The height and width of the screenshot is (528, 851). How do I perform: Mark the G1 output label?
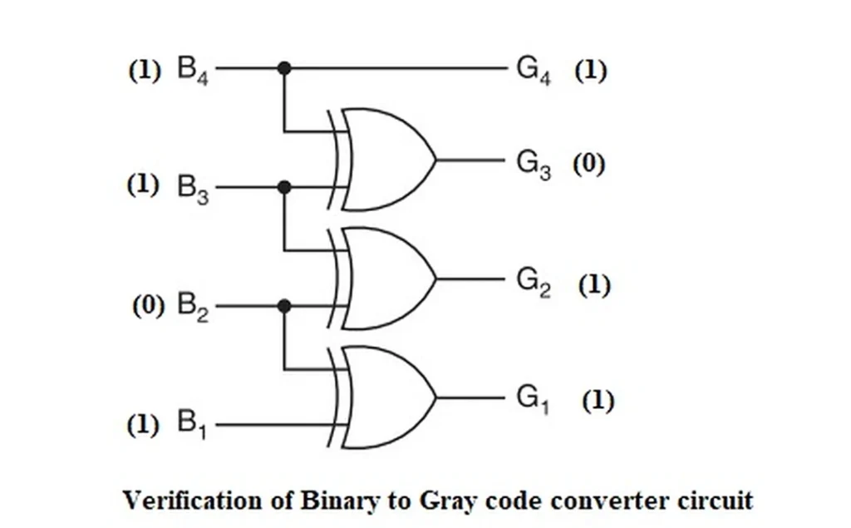pyautogui.click(x=534, y=400)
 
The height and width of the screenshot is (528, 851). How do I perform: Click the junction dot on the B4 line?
pyautogui.click(x=284, y=68)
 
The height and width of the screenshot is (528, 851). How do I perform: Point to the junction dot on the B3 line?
pyautogui.click(x=284, y=187)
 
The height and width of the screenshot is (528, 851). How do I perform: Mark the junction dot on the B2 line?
pyautogui.click(x=284, y=307)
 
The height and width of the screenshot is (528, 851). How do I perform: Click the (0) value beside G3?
pyautogui.click(x=588, y=164)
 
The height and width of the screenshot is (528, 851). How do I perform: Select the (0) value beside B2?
pyautogui.click(x=150, y=306)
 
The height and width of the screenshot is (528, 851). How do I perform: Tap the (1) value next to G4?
pyautogui.click(x=590, y=71)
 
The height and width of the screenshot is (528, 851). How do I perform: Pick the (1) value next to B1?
pyautogui.click(x=142, y=426)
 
